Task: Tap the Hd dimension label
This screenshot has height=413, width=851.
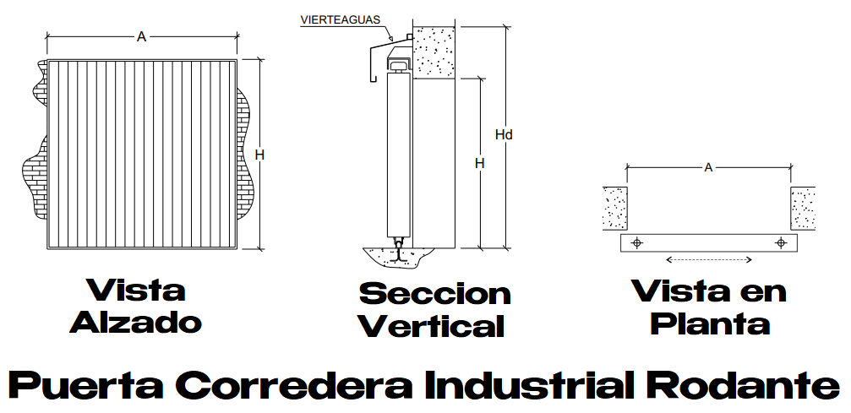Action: coord(504,134)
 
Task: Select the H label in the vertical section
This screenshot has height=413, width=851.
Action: coord(479,163)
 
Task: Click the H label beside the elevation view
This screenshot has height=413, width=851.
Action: coord(259,155)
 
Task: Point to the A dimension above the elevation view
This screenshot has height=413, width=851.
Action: coord(141,36)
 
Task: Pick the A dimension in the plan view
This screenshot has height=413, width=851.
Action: coord(708,167)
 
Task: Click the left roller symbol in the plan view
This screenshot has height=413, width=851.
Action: coord(637,243)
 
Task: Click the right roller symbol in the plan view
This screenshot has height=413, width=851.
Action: coord(781,243)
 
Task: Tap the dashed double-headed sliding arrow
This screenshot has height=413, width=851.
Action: coord(708,259)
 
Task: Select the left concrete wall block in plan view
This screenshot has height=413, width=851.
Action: coord(614,208)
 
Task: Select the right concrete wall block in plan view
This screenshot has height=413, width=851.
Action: coord(803,208)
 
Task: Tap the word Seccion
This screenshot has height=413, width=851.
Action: coord(434,294)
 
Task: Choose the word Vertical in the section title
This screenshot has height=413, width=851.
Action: coord(431,326)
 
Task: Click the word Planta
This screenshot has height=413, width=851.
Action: coord(712,323)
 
